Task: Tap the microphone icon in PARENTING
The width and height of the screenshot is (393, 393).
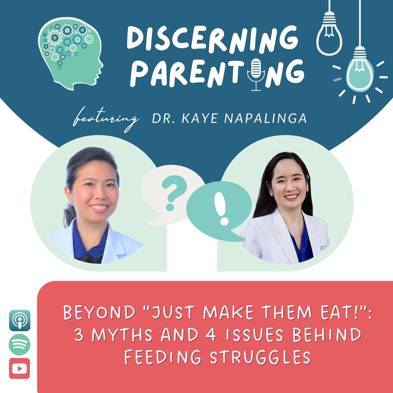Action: pos(255,72)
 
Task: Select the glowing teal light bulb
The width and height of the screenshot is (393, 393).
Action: pos(360,73)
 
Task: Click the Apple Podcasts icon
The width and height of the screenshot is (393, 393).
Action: pos(20,320)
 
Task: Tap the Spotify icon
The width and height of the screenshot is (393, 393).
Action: pos(19,344)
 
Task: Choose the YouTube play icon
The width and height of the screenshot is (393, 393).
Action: pos(19,368)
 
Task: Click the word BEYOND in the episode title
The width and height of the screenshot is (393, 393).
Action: pos(99,312)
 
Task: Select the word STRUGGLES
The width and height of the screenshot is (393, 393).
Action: pos(260,357)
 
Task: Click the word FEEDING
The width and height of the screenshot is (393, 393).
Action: pos(163,357)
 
